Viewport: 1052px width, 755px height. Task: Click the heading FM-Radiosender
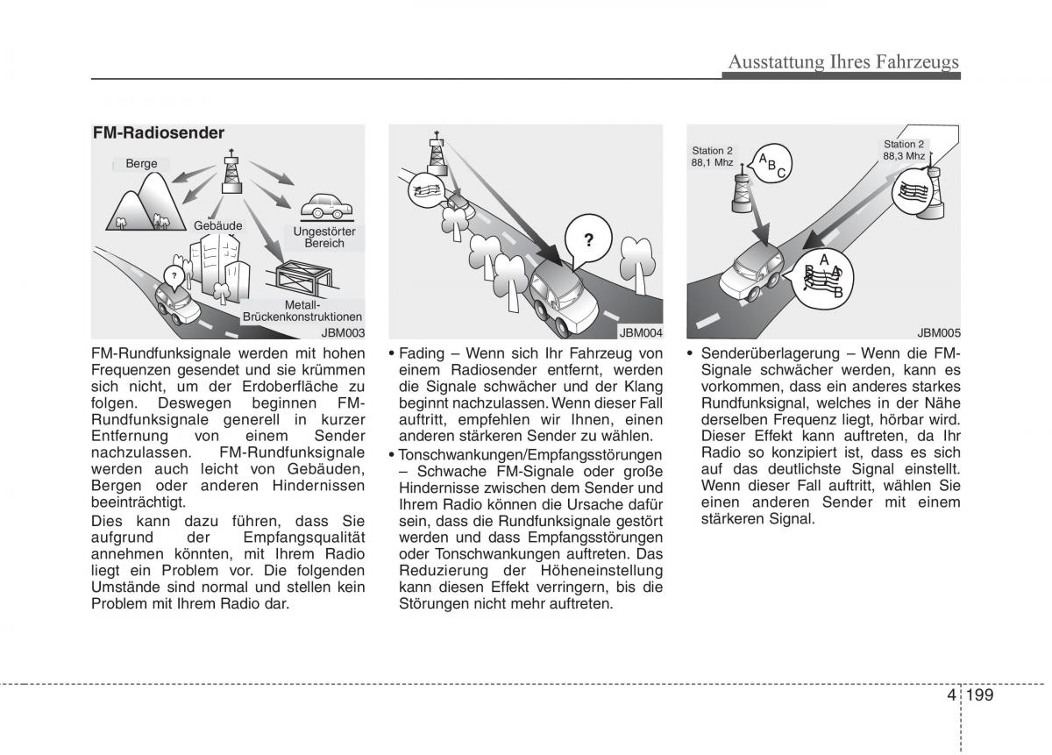click(159, 133)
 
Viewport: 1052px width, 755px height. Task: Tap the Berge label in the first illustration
click(141, 164)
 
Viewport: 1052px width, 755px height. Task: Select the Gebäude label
click(218, 225)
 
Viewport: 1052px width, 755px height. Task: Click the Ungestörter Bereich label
click(323, 237)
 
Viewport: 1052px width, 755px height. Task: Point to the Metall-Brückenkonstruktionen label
click(302, 310)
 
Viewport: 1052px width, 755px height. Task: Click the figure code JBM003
click(342, 332)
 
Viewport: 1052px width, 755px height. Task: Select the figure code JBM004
click(640, 332)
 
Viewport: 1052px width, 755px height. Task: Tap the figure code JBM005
click(939, 332)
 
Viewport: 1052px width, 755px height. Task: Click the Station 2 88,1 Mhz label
click(712, 157)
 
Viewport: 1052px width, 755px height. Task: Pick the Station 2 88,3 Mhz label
click(904, 150)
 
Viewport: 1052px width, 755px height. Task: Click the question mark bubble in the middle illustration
click(589, 239)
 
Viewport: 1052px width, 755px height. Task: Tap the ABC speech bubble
click(771, 164)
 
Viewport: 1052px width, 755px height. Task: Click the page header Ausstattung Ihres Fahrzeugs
click(844, 61)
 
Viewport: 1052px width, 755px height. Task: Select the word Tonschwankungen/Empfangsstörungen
click(530, 455)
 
